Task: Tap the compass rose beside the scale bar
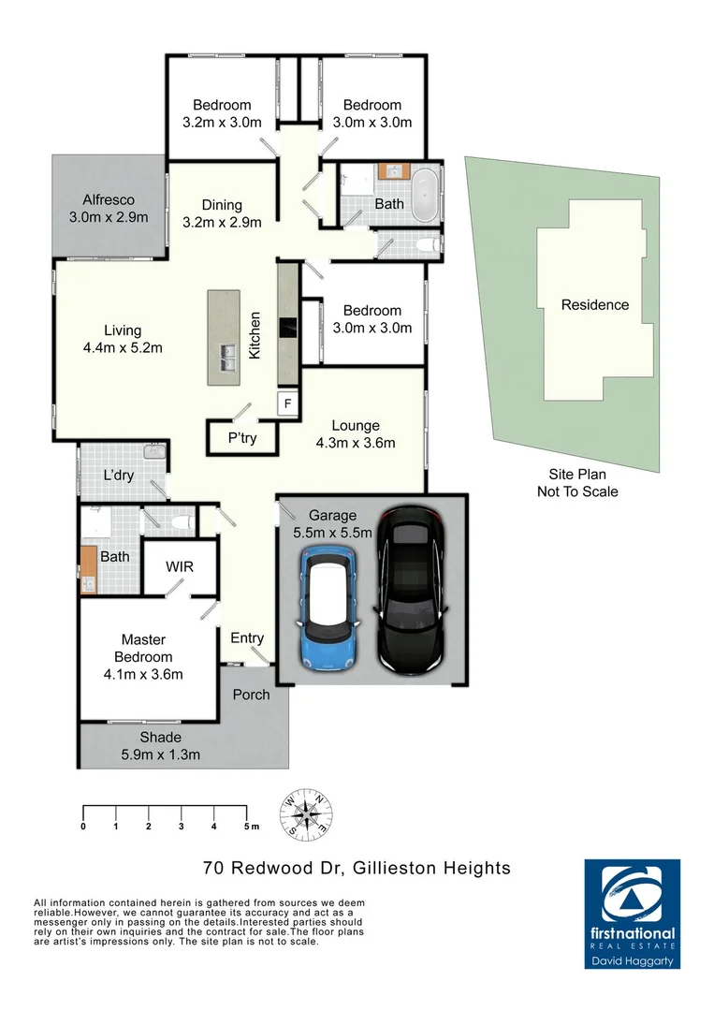tap(307, 813)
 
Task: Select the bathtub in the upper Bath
tap(425, 192)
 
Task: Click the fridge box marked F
tap(288, 403)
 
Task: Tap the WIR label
tap(180, 566)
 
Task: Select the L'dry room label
tap(119, 476)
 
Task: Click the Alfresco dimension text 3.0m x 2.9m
tap(109, 217)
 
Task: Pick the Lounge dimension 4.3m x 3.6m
tap(357, 443)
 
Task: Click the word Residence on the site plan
tap(594, 305)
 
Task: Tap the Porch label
tap(251, 695)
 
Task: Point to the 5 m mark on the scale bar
tap(248, 827)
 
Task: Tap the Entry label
tap(247, 638)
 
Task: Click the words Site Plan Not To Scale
tap(577, 483)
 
